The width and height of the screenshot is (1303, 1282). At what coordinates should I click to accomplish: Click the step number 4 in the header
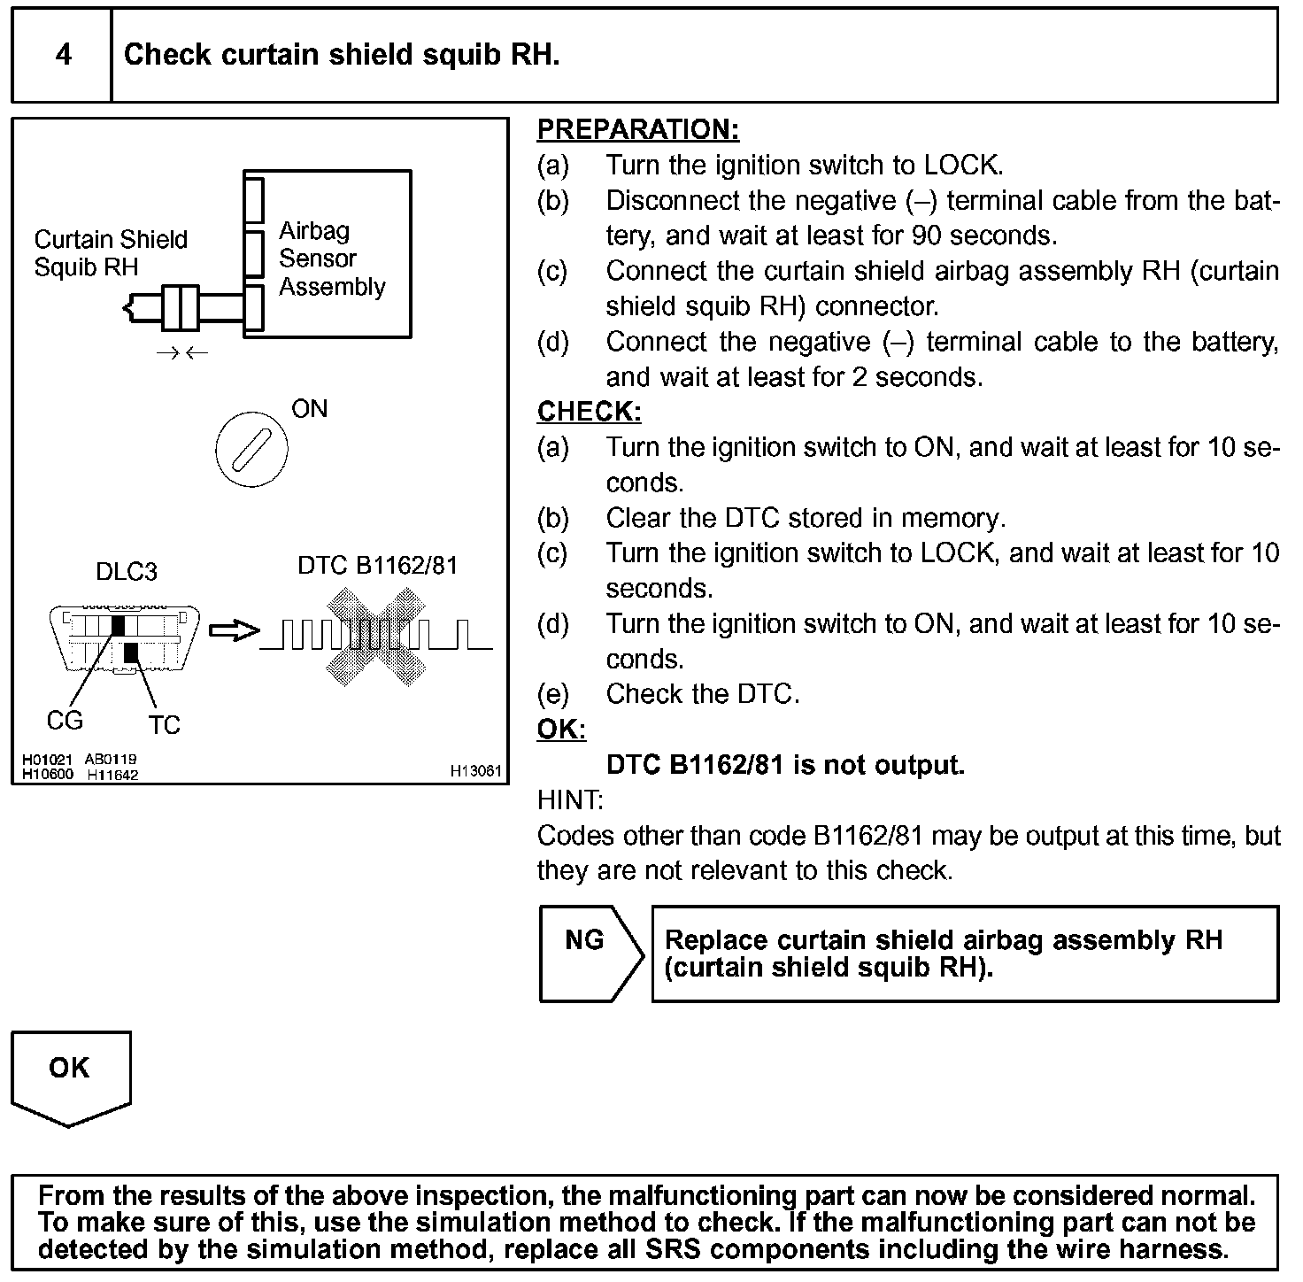pyautogui.click(x=64, y=55)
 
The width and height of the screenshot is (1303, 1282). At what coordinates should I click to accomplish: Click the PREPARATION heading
pyautogui.click(x=637, y=130)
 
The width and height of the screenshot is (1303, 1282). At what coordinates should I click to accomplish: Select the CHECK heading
pyautogui.click(x=589, y=412)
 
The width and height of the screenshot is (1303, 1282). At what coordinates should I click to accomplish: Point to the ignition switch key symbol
pyautogui.click(x=251, y=451)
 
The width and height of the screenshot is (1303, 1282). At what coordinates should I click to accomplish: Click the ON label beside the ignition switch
pyautogui.click(x=309, y=409)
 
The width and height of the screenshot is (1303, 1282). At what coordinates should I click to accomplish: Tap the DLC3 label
pyautogui.click(x=126, y=571)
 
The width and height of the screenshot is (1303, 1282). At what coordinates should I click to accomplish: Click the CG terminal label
pyautogui.click(x=65, y=721)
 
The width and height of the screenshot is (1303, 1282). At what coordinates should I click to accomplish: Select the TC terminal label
pyautogui.click(x=165, y=726)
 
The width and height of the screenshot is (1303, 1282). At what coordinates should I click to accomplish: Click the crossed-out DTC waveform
pyautogui.click(x=376, y=634)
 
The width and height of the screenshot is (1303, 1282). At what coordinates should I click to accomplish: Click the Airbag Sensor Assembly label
pyautogui.click(x=332, y=259)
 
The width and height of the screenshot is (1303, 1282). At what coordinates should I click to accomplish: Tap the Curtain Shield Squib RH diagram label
pyautogui.click(x=111, y=253)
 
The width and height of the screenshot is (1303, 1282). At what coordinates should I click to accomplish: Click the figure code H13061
pyautogui.click(x=475, y=771)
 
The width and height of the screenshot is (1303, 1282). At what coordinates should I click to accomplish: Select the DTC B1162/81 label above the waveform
pyautogui.click(x=377, y=565)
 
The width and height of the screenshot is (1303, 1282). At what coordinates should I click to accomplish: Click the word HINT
pyautogui.click(x=569, y=800)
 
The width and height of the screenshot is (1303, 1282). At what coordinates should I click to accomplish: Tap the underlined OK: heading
pyautogui.click(x=561, y=730)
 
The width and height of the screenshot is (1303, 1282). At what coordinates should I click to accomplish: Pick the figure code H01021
pyautogui.click(x=47, y=760)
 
